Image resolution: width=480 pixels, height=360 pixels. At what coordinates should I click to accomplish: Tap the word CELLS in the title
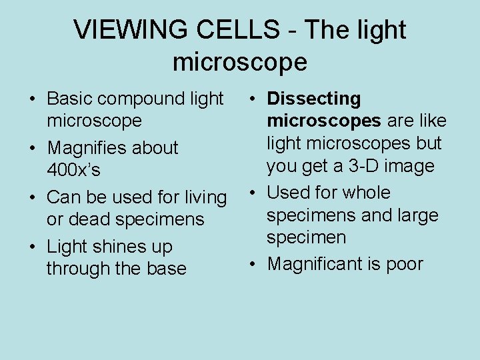click(243, 30)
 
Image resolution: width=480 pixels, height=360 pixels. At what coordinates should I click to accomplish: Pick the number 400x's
click(74, 170)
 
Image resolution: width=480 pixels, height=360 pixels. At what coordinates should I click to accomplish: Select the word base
click(165, 269)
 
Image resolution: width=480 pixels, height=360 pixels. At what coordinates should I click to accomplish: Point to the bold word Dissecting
click(314, 99)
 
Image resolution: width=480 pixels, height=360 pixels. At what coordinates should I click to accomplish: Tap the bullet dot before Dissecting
click(255, 99)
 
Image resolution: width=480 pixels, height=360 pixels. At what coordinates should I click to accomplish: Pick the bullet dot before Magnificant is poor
click(255, 265)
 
